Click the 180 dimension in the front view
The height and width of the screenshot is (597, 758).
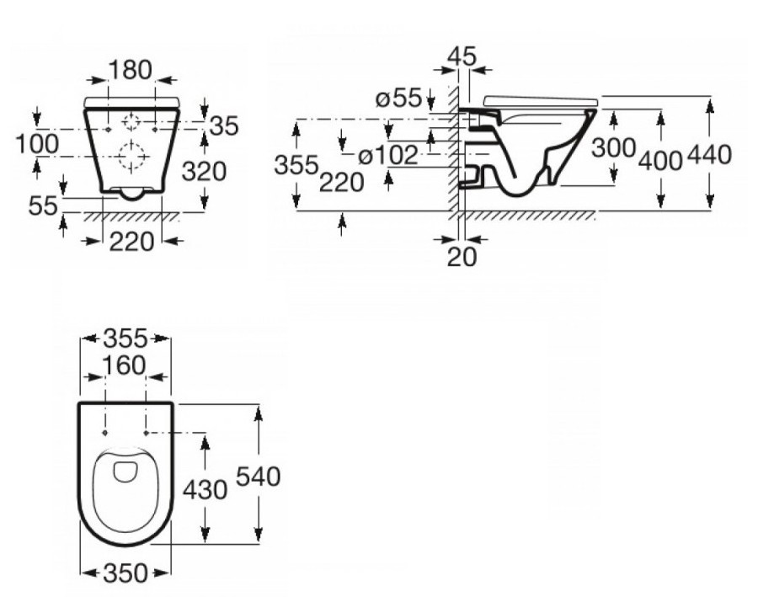point(130,70)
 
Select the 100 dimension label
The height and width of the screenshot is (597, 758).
point(37,144)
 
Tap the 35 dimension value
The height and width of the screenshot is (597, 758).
point(224,126)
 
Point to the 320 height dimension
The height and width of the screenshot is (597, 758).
point(204,172)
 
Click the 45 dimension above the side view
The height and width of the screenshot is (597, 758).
point(462,56)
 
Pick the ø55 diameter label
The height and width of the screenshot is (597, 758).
point(399,99)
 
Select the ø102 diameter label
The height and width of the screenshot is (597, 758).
point(387,156)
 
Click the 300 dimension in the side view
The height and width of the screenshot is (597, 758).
point(613,148)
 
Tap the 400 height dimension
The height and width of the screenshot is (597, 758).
point(659,160)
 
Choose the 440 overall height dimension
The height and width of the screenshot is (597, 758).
point(709,155)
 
